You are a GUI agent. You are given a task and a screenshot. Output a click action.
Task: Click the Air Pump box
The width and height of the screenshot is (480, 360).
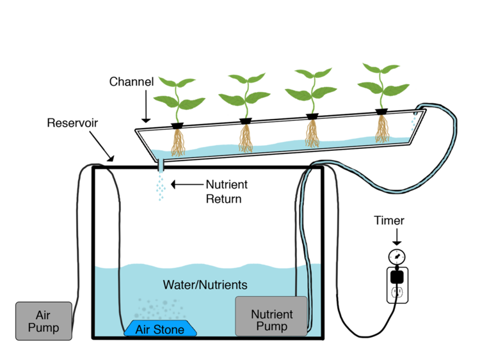[43, 321]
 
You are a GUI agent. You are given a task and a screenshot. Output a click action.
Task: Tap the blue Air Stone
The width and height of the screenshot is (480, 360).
[160, 329]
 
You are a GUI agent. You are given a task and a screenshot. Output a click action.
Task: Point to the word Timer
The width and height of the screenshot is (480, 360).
[389, 221]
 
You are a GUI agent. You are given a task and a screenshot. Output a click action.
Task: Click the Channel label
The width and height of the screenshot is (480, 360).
[131, 82]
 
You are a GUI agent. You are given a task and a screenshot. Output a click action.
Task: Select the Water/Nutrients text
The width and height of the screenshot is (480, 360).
[204, 284]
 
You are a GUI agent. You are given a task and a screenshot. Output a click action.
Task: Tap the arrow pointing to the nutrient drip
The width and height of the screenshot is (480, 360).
[186, 185]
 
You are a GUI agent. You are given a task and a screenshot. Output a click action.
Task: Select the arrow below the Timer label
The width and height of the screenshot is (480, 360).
[397, 238]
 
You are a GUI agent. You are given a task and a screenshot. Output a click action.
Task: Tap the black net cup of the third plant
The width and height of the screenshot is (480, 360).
[312, 117]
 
